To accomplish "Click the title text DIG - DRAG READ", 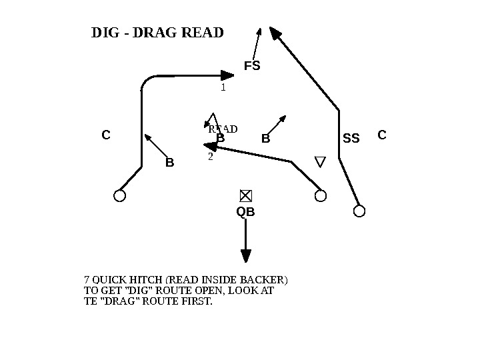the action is click(157, 32).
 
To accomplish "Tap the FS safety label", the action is click(251, 66).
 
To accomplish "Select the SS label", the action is click(351, 139).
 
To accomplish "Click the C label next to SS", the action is click(382, 135).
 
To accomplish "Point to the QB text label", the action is click(245, 212).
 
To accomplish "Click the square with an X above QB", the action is click(245, 195).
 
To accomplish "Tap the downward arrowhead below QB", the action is click(246, 256).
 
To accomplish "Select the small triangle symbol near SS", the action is click(320, 162).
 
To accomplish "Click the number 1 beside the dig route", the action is click(223, 87).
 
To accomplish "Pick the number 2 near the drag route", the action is click(211, 157).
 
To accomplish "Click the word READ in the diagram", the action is click(223, 129).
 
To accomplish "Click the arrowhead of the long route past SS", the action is click(275, 33).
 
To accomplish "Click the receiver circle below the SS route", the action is click(359, 211).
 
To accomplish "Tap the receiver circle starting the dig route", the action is click(120, 195).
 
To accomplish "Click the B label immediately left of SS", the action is click(265, 139).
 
